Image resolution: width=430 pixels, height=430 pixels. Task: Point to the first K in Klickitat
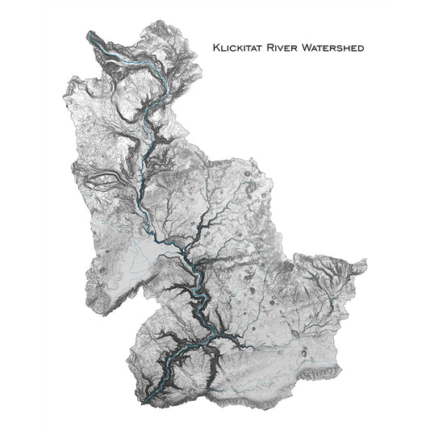coord(216,48)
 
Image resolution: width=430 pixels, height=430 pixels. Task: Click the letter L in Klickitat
coord(223,48)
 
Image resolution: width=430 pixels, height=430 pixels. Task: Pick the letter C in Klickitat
coord(233,48)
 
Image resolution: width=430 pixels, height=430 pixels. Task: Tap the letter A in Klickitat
coord(253,48)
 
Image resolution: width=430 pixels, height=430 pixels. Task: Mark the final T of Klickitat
coord(259,48)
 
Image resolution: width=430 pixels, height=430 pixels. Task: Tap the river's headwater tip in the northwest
coord(90,34)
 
